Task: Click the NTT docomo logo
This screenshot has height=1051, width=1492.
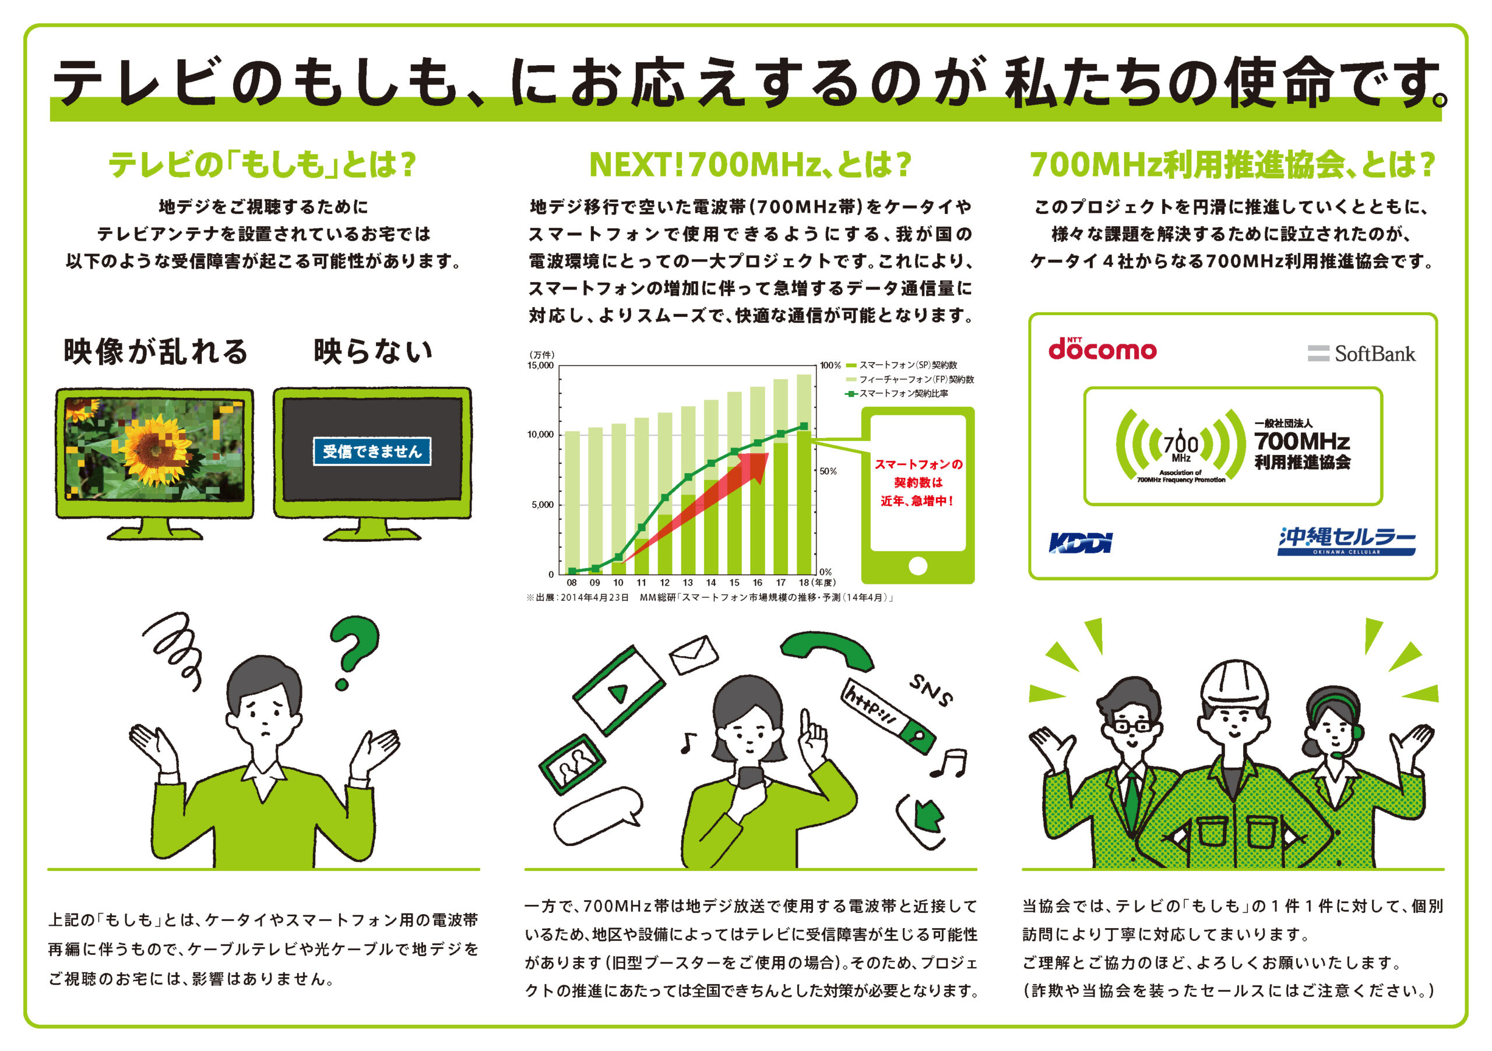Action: click(x=1102, y=349)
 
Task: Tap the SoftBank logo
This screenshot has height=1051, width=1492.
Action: click(x=1361, y=354)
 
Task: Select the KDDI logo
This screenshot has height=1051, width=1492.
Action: click(x=1080, y=542)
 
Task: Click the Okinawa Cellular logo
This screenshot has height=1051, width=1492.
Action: click(x=1346, y=541)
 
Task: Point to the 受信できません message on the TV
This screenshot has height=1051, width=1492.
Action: click(x=372, y=452)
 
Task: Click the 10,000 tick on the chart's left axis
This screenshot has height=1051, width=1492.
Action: click(x=540, y=435)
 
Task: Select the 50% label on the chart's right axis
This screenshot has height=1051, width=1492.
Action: click(x=828, y=471)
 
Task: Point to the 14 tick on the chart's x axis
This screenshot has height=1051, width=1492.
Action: click(x=711, y=583)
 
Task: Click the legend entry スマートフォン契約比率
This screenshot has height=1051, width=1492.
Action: click(x=897, y=394)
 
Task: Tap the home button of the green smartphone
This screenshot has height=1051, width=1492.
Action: click(x=917, y=566)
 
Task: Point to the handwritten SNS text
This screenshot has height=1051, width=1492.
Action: click(x=931, y=690)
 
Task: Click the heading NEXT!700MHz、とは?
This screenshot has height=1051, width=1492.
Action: click(x=751, y=164)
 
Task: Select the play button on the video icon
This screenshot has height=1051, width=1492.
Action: click(x=617, y=693)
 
